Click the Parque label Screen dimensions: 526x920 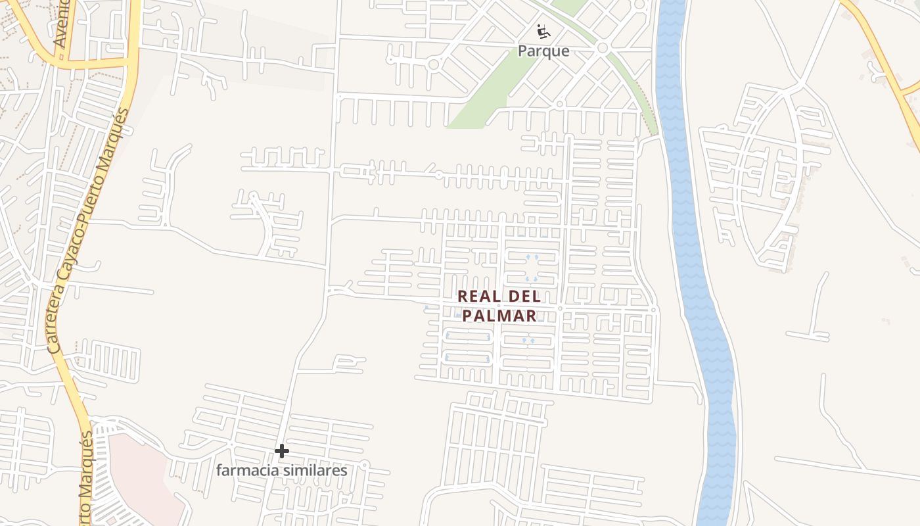click(543, 51)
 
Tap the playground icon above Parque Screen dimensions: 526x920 click(543, 31)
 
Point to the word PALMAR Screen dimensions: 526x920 click(499, 316)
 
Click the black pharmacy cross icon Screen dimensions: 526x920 click(282, 451)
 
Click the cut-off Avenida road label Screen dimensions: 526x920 click(62, 24)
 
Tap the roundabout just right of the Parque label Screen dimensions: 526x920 click(602, 48)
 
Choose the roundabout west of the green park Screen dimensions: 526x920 click(433, 64)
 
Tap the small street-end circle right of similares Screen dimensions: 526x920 click(365, 465)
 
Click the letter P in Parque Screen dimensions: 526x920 click(523, 51)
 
